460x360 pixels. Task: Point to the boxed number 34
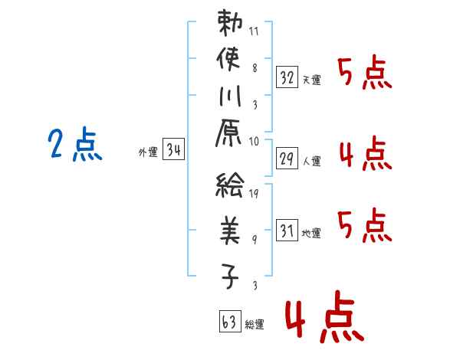point(174,150)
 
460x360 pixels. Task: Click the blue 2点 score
point(75,145)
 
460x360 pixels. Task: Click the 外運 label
point(147,152)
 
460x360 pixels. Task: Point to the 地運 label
point(311,233)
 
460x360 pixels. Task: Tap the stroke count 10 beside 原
point(255,141)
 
